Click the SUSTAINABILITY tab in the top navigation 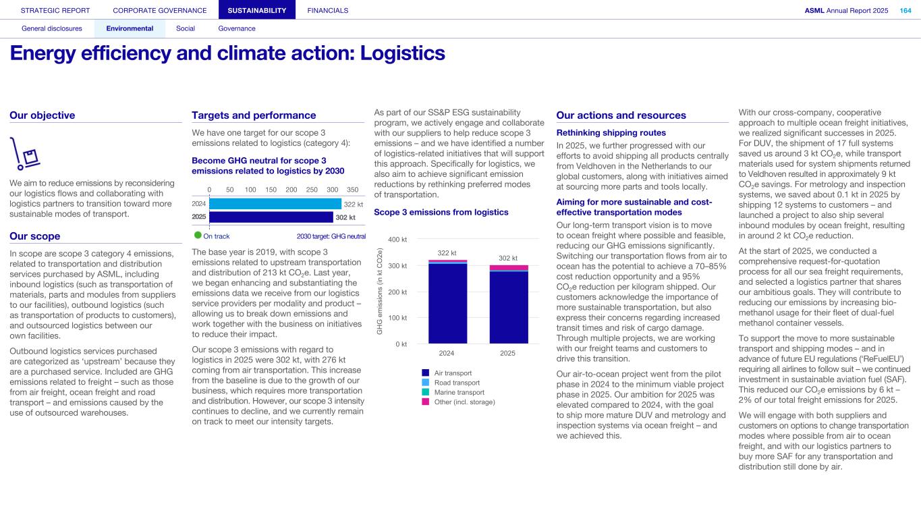256,10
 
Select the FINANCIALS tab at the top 327,10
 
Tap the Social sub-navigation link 185,28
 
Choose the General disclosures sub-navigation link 52,28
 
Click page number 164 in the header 905,10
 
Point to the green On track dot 198,236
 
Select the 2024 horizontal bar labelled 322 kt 275,203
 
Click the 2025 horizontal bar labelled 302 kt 271,217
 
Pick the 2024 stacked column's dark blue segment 447,304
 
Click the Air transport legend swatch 425,373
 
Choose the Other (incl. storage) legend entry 464,402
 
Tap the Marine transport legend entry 459,392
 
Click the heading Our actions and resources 621,115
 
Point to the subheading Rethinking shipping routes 611,133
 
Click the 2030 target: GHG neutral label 331,236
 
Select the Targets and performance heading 254,115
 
